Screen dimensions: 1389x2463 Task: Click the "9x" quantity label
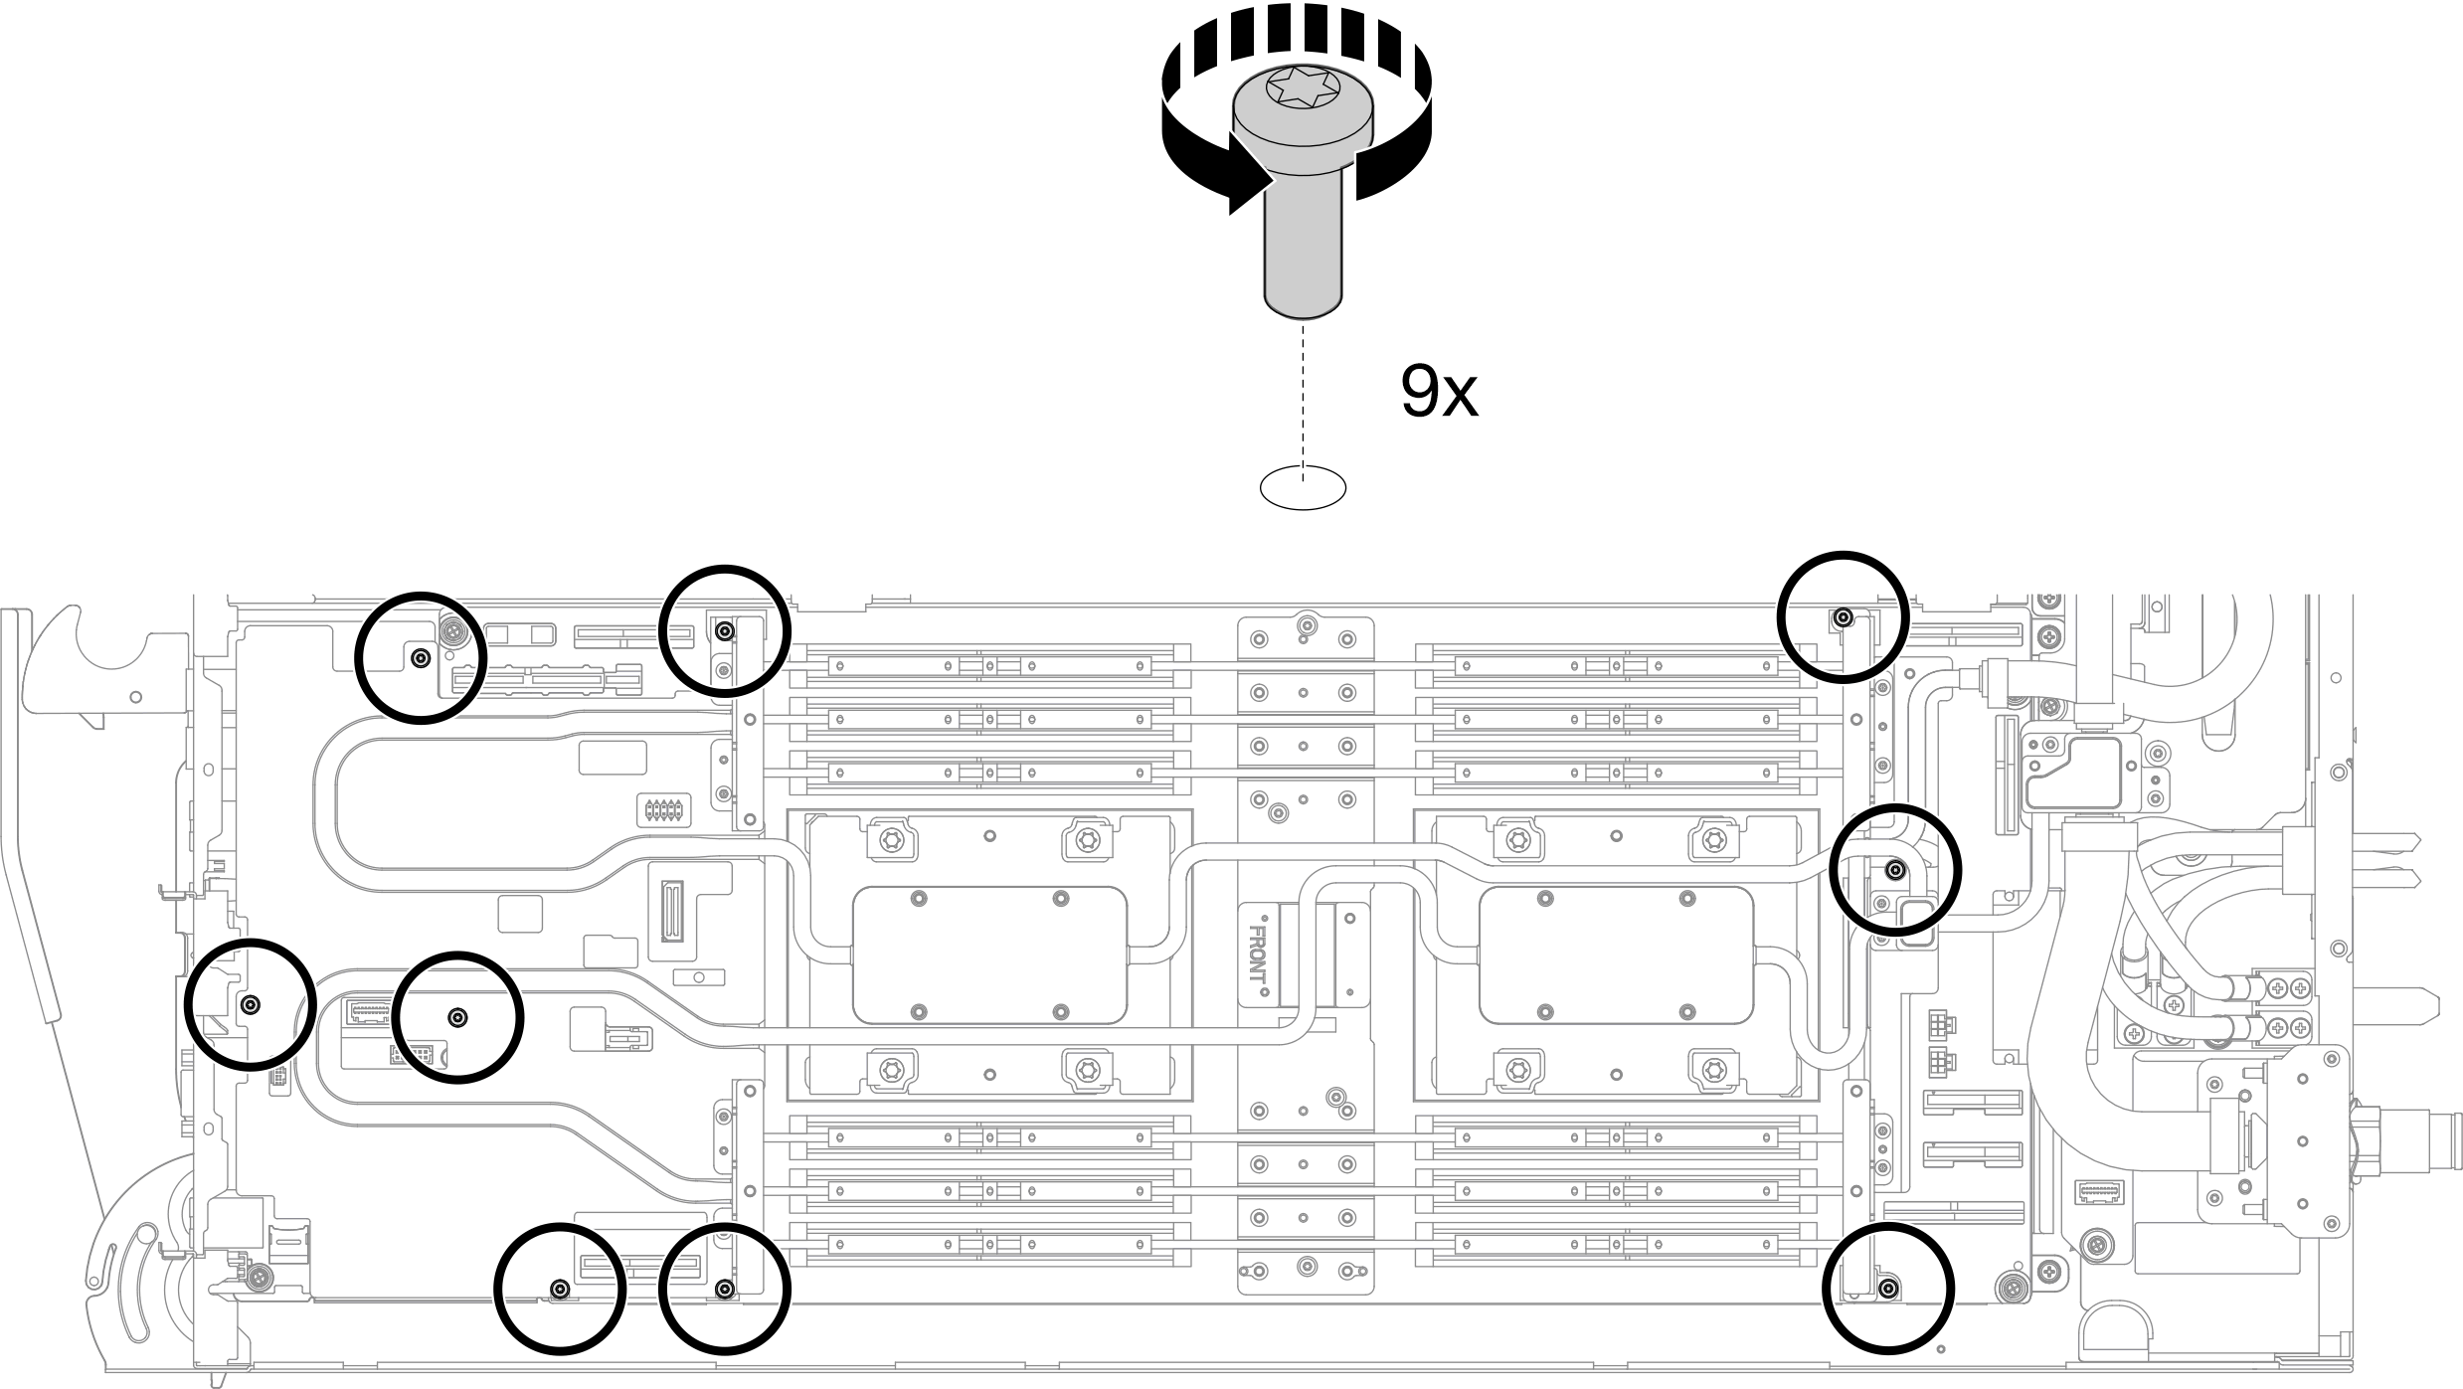pyautogui.click(x=1438, y=392)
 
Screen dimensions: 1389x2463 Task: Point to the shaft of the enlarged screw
pyautogui.click(x=1303, y=249)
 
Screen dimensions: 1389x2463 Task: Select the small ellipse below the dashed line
pyautogui.click(x=1303, y=487)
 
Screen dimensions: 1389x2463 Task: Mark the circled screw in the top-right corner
pyautogui.click(x=1843, y=617)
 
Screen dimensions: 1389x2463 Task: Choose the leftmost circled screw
pyautogui.click(x=252, y=1004)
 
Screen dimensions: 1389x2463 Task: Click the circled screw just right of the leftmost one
pyautogui.click(x=457, y=1016)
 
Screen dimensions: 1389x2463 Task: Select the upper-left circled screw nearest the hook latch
pyautogui.click(x=421, y=657)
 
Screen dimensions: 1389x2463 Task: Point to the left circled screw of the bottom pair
pyautogui.click(x=560, y=1289)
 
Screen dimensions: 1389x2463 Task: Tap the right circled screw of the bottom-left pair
pyautogui.click(x=725, y=1290)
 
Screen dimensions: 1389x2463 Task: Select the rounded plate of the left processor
pyautogui.click(x=989, y=955)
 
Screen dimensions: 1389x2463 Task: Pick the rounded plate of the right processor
pyautogui.click(x=1615, y=955)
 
